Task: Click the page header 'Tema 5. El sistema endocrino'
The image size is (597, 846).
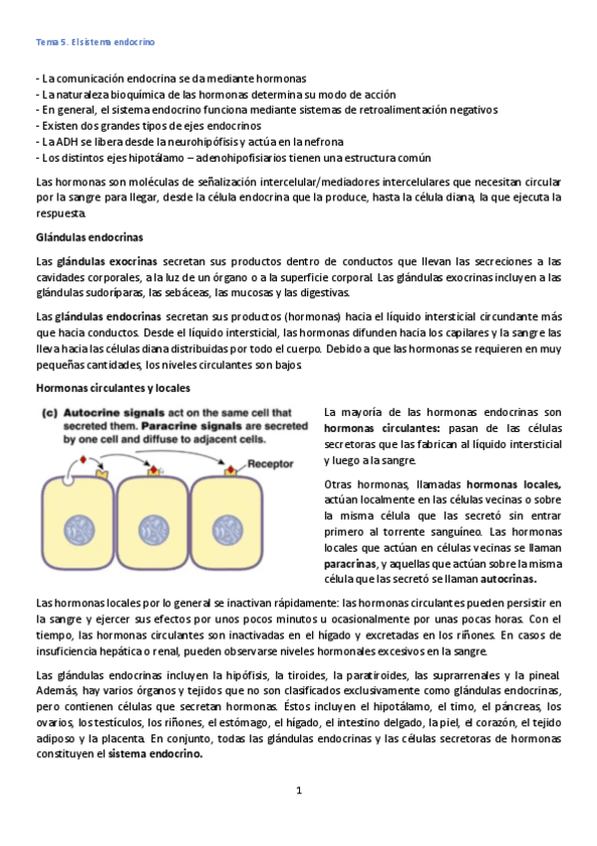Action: (95, 43)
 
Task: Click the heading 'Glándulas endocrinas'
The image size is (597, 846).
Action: (89, 236)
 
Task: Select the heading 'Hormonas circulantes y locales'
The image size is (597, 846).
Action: (113, 387)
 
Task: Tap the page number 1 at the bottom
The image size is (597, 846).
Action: (298, 790)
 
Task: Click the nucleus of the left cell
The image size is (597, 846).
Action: (78, 527)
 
